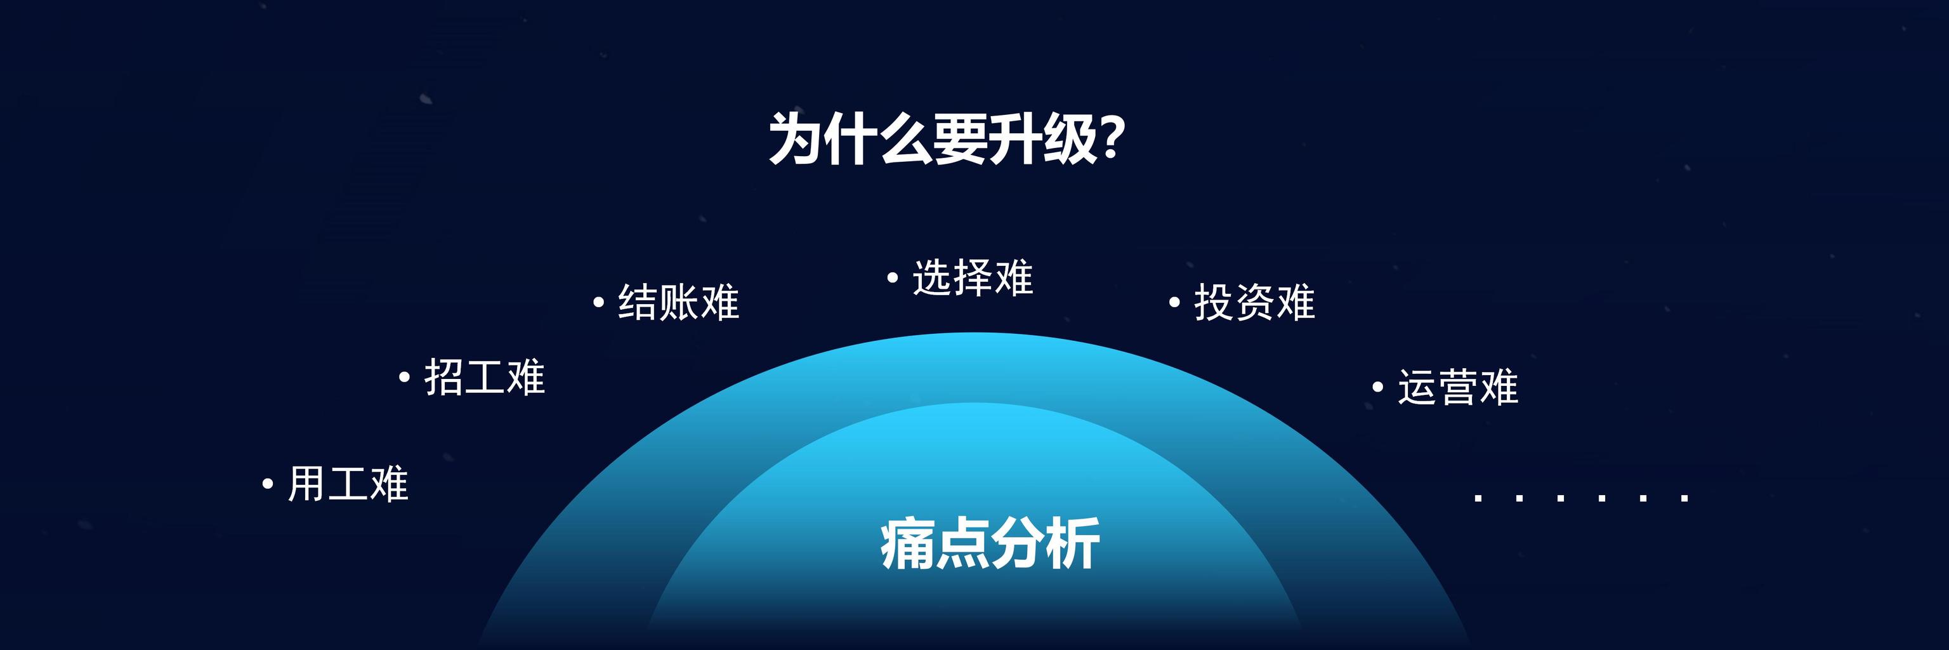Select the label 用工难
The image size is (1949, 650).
(348, 484)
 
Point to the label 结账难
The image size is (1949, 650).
(679, 302)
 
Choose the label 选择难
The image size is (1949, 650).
(973, 277)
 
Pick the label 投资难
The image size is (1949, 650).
(1254, 302)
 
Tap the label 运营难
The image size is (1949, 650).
(1458, 387)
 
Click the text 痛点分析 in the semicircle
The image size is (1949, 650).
(990, 543)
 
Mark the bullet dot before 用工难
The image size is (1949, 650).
(267, 484)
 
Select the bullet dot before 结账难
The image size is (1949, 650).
(598, 302)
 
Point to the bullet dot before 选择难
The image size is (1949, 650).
(893, 277)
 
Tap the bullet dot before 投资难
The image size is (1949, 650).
(1174, 303)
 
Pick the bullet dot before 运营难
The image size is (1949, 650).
(1378, 387)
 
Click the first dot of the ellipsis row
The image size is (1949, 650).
(1478, 498)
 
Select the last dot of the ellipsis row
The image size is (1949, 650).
(1684, 498)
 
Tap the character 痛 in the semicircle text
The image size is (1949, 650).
(907, 543)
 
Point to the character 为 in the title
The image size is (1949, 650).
(795, 139)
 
